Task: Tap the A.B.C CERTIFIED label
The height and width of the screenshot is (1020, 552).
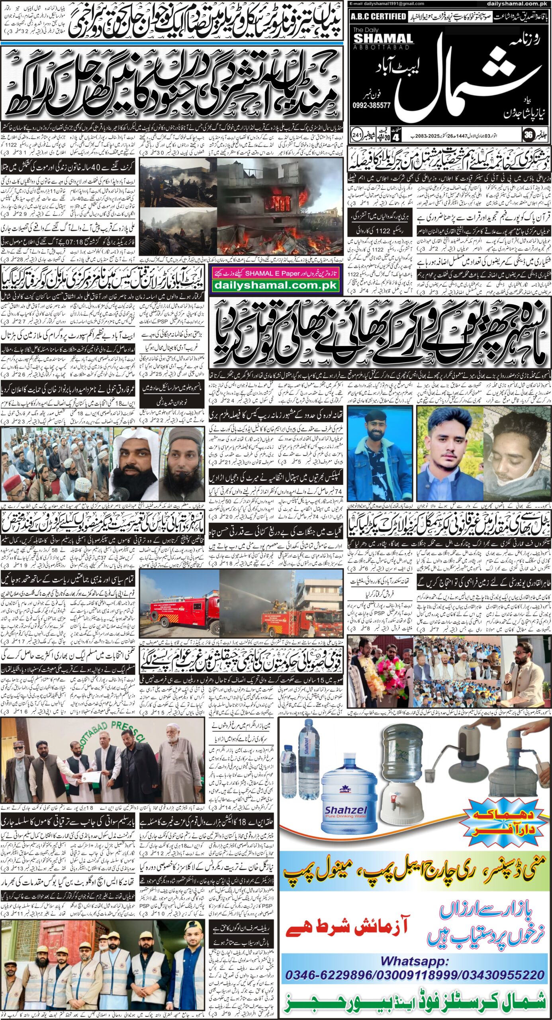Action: [378, 16]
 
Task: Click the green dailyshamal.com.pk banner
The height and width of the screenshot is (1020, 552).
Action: [276, 285]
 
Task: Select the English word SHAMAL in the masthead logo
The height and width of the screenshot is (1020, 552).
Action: [383, 39]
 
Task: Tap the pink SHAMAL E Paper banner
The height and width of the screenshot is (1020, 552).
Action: [276, 274]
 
